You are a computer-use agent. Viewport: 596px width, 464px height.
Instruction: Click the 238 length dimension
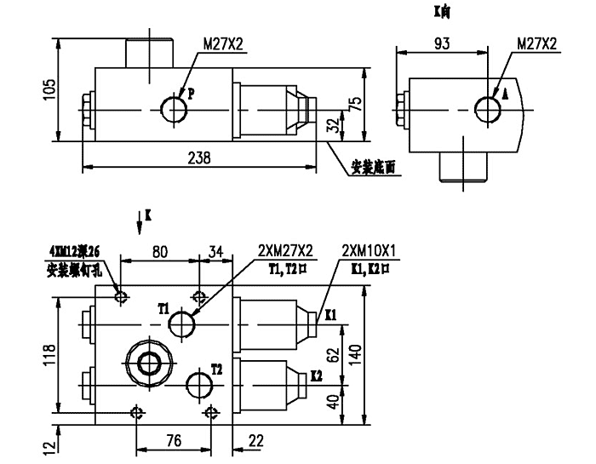click(199, 158)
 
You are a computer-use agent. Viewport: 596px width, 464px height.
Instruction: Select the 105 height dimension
click(49, 88)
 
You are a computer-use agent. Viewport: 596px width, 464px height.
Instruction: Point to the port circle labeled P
click(174, 108)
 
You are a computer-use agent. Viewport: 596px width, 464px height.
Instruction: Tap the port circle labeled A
click(489, 108)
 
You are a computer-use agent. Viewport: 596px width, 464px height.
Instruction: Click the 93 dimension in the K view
click(441, 43)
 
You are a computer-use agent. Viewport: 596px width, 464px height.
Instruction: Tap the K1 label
click(332, 314)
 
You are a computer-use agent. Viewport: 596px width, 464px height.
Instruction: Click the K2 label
click(317, 375)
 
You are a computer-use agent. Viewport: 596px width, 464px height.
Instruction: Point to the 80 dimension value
click(159, 251)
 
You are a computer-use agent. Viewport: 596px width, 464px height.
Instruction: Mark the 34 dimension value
click(215, 251)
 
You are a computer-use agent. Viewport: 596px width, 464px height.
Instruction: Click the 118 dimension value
click(49, 352)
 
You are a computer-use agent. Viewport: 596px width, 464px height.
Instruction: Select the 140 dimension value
click(358, 352)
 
